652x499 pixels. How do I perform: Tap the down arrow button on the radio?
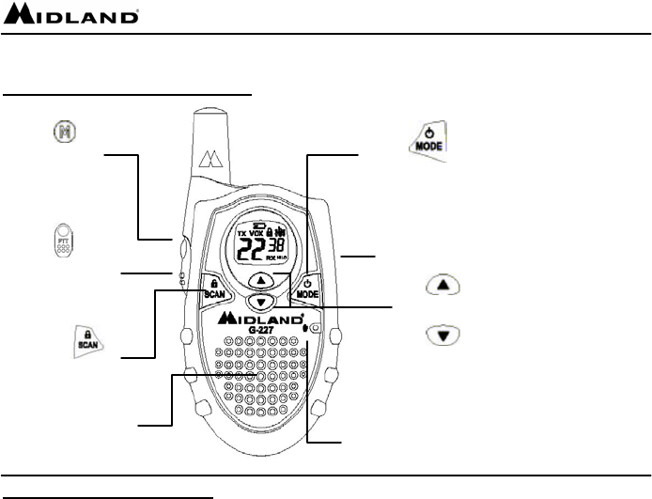point(263,301)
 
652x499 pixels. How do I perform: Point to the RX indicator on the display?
point(272,256)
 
